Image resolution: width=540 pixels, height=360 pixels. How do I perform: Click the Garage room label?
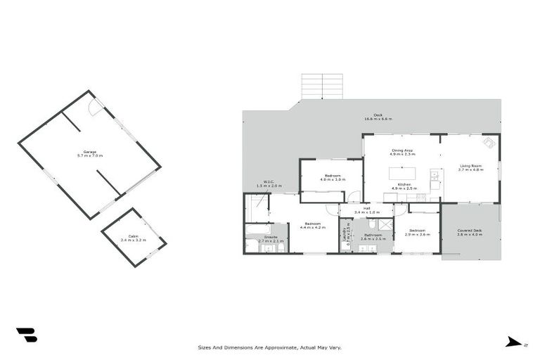click(x=89, y=153)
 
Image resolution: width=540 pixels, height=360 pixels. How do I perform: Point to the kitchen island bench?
click(x=403, y=172)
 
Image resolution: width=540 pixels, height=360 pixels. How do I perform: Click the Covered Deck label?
click(x=469, y=231)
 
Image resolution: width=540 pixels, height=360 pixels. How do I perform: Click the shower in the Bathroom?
click(x=384, y=224)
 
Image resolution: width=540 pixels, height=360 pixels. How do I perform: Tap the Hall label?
click(x=366, y=210)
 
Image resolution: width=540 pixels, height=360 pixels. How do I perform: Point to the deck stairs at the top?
click(x=322, y=86)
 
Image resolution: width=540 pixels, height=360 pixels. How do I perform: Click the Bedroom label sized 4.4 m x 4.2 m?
click(x=312, y=225)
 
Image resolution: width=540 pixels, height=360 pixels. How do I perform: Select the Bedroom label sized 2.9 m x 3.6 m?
click(x=418, y=231)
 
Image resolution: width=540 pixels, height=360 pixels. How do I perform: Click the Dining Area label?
click(x=401, y=151)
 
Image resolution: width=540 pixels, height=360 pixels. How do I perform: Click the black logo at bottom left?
click(x=27, y=335)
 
